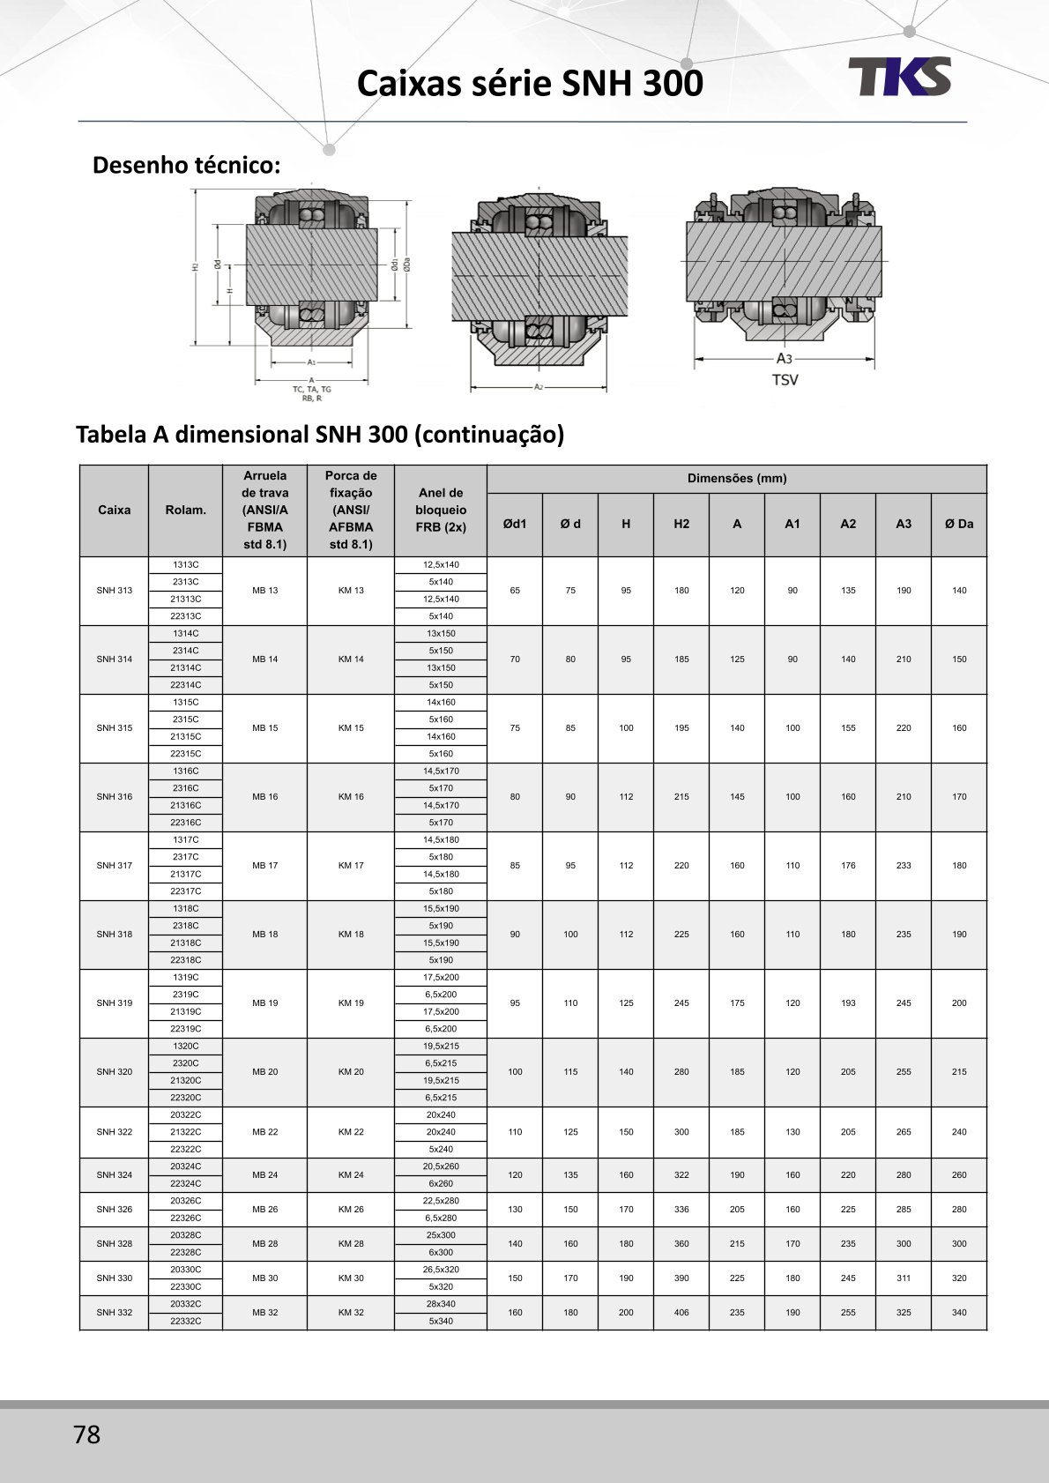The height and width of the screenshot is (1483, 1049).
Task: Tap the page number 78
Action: pyautogui.click(x=87, y=1435)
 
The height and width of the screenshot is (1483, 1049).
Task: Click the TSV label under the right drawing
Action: pyautogui.click(x=785, y=380)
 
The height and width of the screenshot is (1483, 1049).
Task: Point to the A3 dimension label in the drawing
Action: pyautogui.click(x=784, y=359)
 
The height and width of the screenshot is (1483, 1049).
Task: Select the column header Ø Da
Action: pyautogui.click(x=959, y=524)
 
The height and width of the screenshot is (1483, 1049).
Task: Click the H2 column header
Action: pyautogui.click(x=681, y=524)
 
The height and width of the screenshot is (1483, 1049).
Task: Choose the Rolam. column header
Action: pyautogui.click(x=185, y=510)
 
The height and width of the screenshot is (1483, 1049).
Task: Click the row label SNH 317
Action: pyautogui.click(x=115, y=866)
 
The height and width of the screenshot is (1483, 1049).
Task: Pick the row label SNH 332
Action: pyautogui.click(x=115, y=1313)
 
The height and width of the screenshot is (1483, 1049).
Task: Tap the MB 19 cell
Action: pyautogui.click(x=264, y=1003)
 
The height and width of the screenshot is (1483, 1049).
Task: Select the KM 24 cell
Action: pyautogui.click(x=351, y=1175)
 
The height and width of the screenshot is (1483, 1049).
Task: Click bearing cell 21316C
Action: pyautogui.click(x=185, y=806)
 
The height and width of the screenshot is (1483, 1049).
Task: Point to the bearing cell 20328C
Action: pyautogui.click(x=185, y=1235)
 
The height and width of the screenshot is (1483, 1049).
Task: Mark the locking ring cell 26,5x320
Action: pyautogui.click(x=441, y=1270)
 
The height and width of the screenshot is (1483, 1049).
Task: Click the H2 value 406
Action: pyautogui.click(x=681, y=1313)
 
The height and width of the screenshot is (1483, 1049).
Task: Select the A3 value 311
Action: pyautogui.click(x=904, y=1278)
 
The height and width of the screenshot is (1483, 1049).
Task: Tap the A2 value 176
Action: pyautogui.click(x=848, y=866)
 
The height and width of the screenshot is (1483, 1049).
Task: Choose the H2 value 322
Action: pyautogui.click(x=681, y=1175)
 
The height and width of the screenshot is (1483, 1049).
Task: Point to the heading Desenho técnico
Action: pyautogui.click(x=187, y=165)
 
